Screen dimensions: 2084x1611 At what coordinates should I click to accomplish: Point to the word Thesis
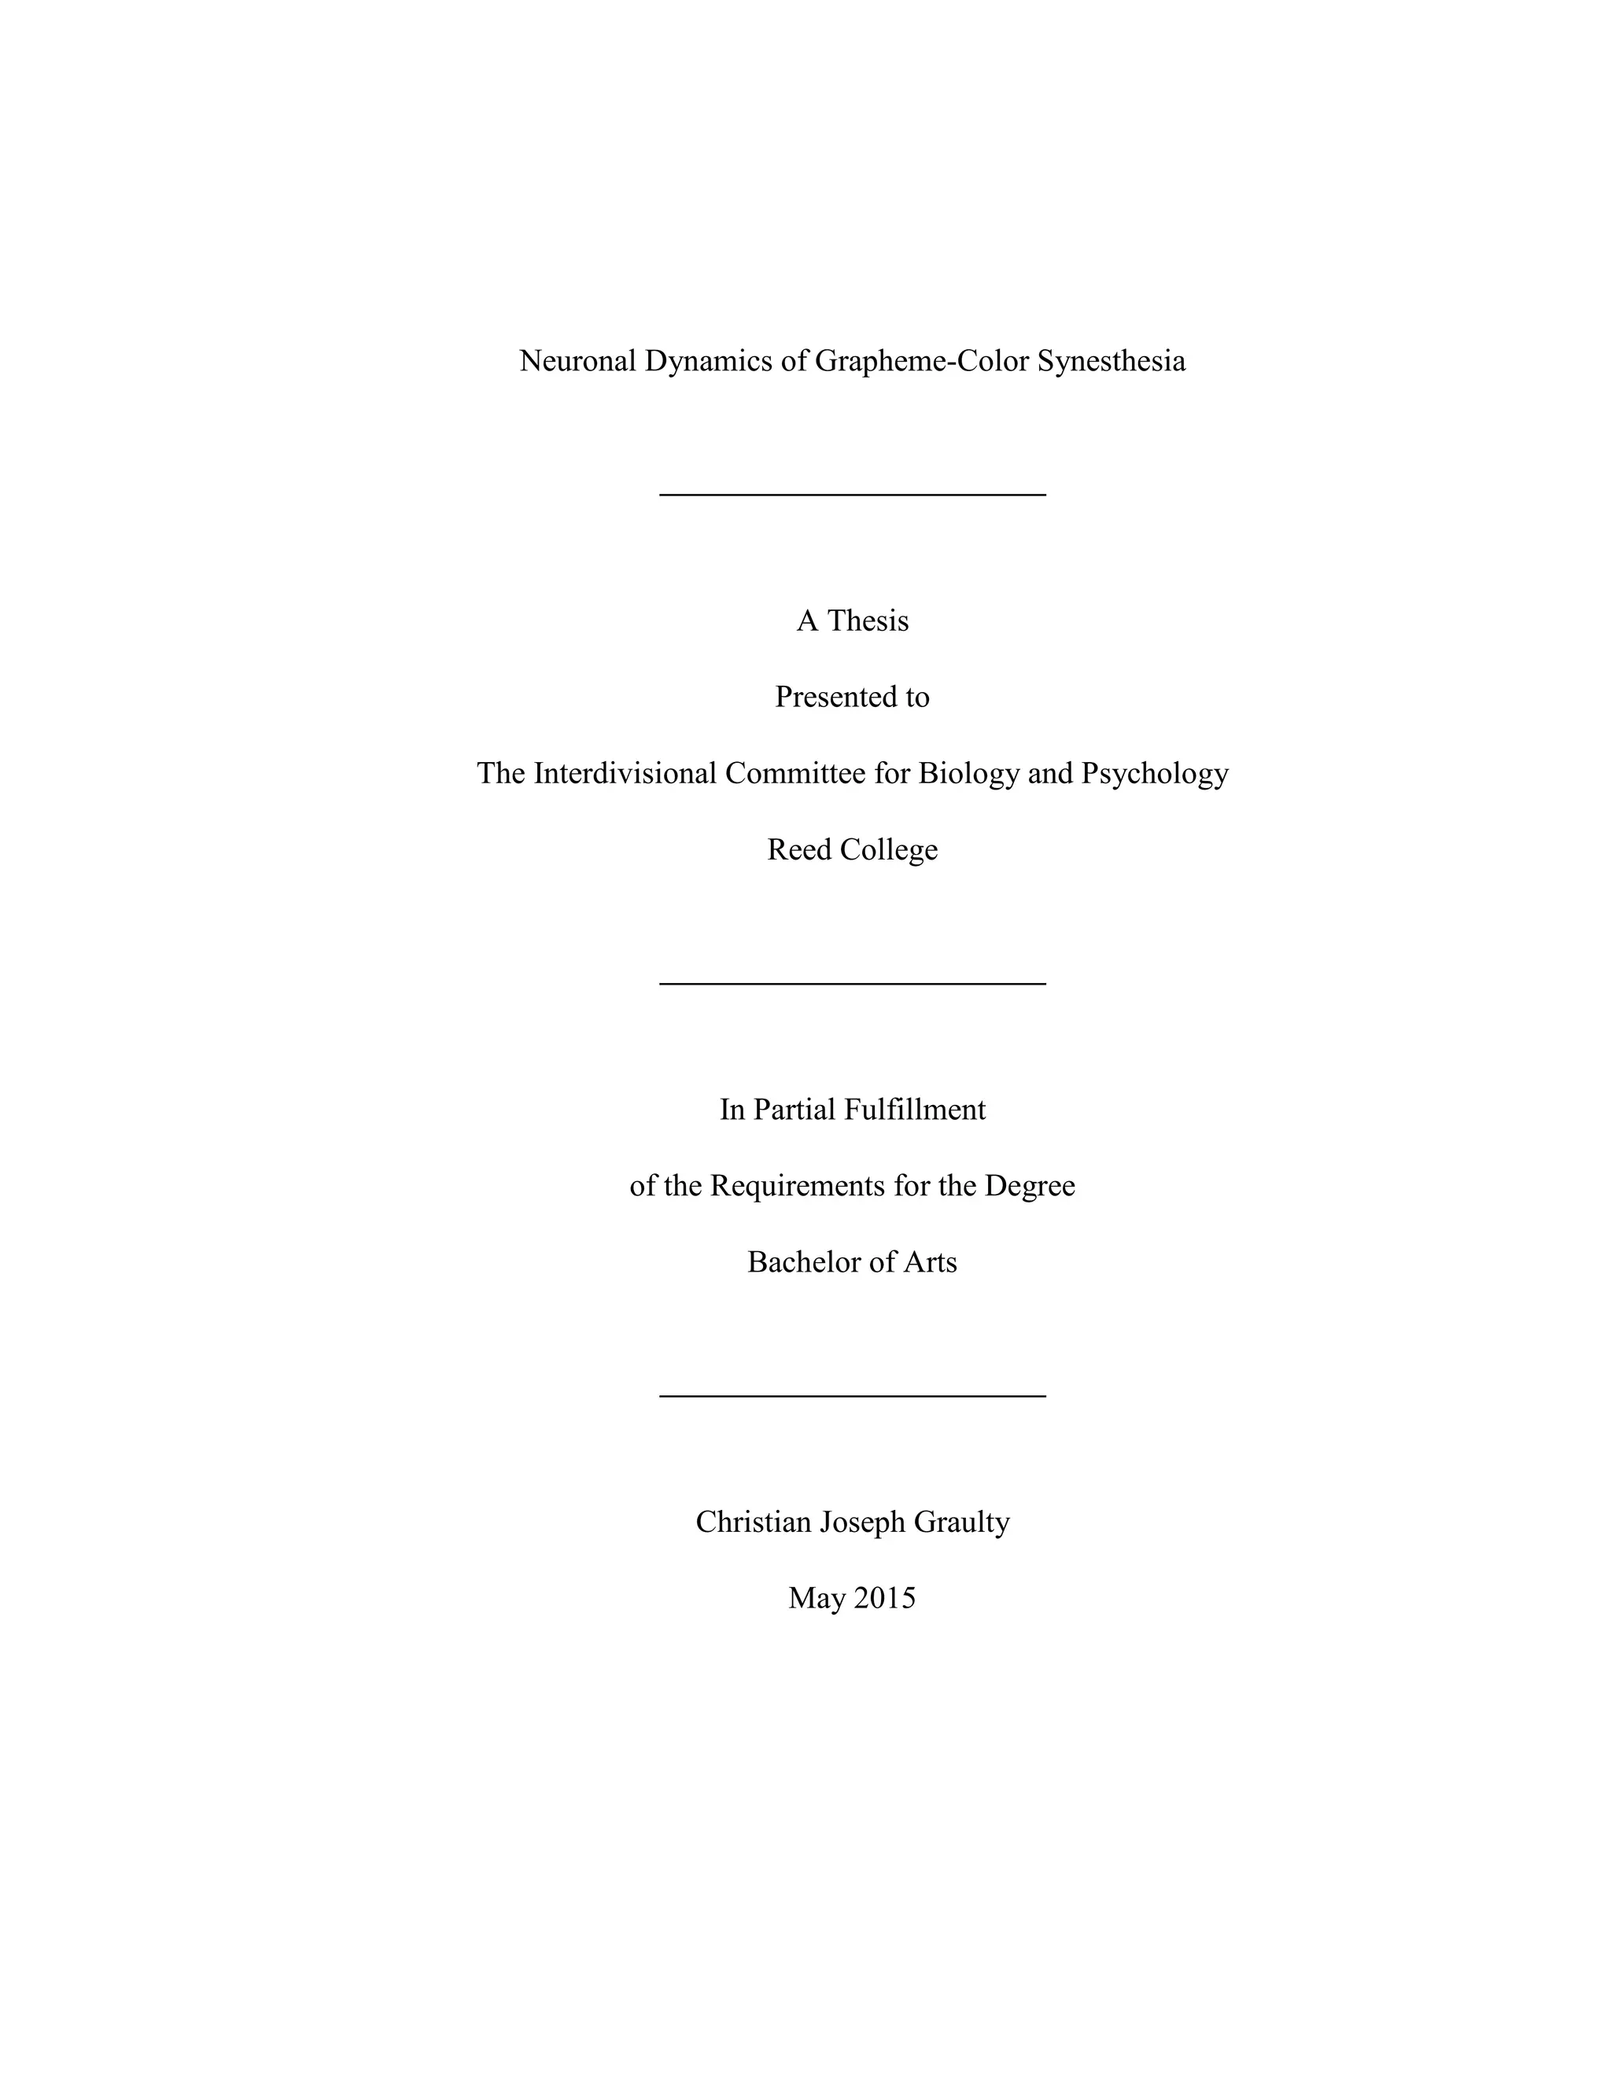coord(868,621)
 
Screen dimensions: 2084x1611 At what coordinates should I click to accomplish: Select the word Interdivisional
coord(624,773)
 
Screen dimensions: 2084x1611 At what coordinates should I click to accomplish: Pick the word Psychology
coord(1154,773)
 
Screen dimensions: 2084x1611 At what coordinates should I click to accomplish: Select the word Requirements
coord(798,1186)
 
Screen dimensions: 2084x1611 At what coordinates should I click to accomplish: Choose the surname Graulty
coord(961,1522)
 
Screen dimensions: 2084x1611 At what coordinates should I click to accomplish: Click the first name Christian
coord(753,1522)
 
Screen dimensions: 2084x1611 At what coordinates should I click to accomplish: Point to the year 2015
coord(883,1598)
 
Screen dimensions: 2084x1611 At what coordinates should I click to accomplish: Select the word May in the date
coord(812,1598)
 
